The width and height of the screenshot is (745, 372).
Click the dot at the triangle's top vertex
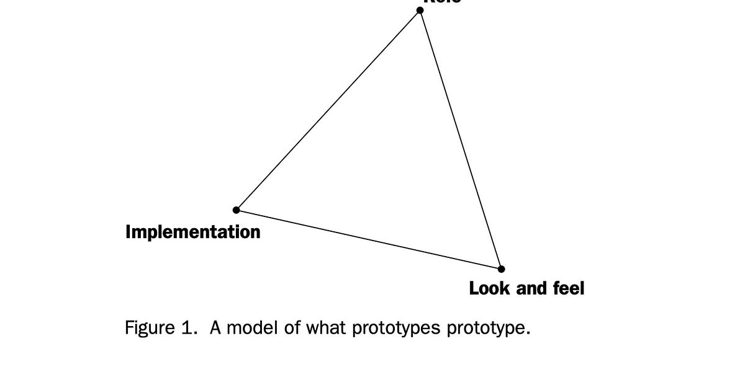pyautogui.click(x=420, y=10)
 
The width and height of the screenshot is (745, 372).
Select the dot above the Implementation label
pyautogui.click(x=236, y=210)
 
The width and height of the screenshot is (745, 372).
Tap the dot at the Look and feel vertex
pyautogui.click(x=502, y=268)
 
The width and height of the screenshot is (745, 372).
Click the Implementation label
pyautogui.click(x=192, y=232)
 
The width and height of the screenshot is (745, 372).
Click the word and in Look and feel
pyautogui.click(x=530, y=288)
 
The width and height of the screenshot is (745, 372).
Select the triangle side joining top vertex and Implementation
pyautogui.click(x=328, y=110)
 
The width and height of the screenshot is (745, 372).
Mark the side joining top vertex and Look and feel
pyautogui.click(x=461, y=139)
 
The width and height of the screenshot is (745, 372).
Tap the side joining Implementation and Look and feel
pyautogui.click(x=369, y=239)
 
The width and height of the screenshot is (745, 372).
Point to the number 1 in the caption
pyautogui.click(x=188, y=327)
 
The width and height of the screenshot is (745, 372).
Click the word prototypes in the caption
pyautogui.click(x=397, y=328)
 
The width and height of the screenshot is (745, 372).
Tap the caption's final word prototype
pyautogui.click(x=489, y=328)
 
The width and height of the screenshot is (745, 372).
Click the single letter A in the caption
pyautogui.click(x=215, y=327)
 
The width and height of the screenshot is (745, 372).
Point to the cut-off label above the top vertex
pyautogui.click(x=442, y=2)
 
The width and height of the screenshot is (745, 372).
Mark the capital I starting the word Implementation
pyautogui.click(x=129, y=232)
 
